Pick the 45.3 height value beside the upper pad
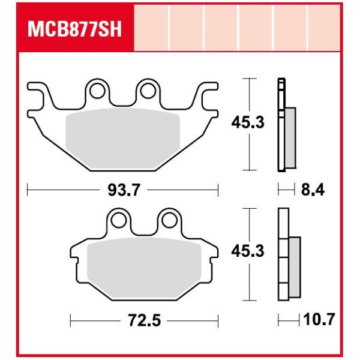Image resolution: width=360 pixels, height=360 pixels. pyautogui.click(x=248, y=123)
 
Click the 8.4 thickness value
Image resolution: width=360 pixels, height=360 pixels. pyautogui.click(x=311, y=191)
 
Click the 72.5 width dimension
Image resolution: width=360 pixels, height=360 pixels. pyautogui.click(x=145, y=321)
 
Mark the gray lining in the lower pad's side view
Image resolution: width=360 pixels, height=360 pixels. pyautogui.click(x=294, y=267)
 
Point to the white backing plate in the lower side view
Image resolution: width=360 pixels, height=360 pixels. pyautogui.click(x=283, y=255)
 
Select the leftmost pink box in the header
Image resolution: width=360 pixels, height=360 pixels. pyautogui.click(x=151, y=28)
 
